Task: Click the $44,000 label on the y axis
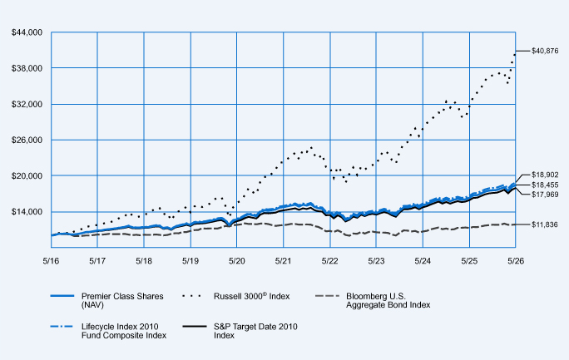coord(27,32)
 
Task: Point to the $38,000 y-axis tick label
coord(27,68)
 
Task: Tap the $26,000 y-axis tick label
coord(27,140)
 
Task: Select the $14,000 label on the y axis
coord(27,212)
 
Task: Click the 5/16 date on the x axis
coord(51,261)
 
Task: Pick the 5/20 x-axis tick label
coord(236,261)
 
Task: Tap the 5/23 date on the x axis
coord(376,261)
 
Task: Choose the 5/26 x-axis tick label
coord(516,261)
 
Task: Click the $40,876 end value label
coord(545,51)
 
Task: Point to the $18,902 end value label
coord(545,175)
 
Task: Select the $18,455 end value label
coord(545,185)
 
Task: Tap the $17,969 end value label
coord(545,195)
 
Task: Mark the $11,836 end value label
coord(545,224)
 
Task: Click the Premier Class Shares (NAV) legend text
coord(122,300)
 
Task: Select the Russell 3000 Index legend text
coord(252,296)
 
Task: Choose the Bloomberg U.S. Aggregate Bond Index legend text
coord(388,300)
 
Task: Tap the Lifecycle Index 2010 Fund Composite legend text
coord(124,331)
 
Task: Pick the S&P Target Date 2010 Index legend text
coord(255,331)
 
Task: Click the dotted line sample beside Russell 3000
coord(191,296)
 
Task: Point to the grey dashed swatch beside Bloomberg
coord(327,296)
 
